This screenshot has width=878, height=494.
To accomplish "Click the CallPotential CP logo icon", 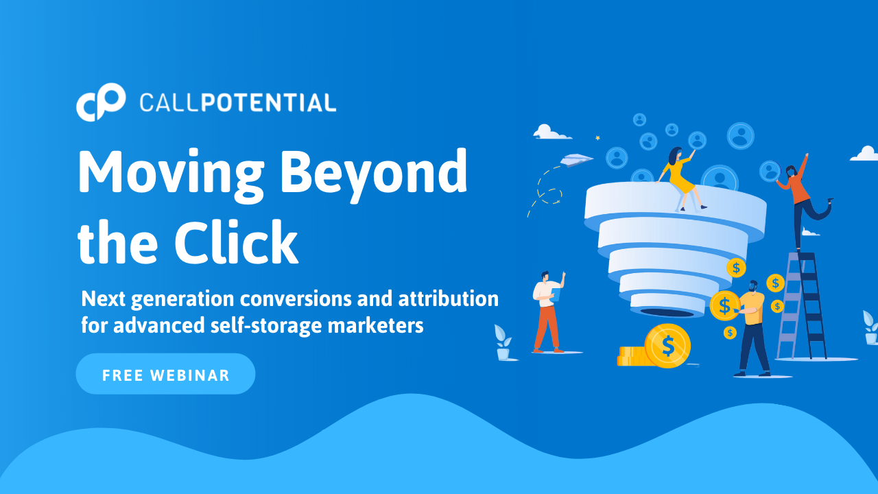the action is click(101, 102).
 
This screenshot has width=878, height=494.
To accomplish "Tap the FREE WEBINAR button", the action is click(165, 374).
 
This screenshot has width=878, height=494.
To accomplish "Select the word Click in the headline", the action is click(236, 242).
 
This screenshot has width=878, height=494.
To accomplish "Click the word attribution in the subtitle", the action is click(449, 298).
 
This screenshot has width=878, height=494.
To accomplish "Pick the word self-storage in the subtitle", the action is click(265, 325).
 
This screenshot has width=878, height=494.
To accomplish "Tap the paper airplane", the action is click(576, 160).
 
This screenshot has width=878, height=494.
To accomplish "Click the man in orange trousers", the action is click(548, 311).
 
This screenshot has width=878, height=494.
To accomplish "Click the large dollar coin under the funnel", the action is click(667, 345).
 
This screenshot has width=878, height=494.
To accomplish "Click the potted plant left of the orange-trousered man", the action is click(503, 342).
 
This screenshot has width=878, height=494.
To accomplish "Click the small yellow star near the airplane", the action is click(597, 138).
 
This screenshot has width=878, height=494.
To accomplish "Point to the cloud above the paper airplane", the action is click(551, 132).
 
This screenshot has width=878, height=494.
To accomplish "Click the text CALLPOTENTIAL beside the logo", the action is click(237, 103).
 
